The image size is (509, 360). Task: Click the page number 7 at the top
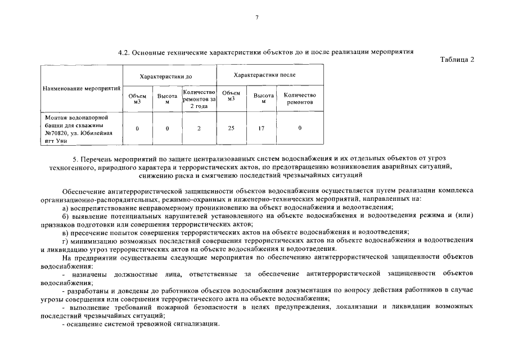[256, 18]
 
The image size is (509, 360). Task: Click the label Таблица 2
[456, 60]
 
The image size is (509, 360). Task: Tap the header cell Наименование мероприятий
[82, 89]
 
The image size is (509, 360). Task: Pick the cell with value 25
[231, 128]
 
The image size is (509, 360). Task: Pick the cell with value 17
[261, 128]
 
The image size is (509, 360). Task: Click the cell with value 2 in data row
[199, 128]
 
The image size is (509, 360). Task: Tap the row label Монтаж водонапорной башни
[75, 121]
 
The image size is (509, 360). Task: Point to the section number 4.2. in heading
[124, 52]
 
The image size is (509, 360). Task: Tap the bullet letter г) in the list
[66, 241]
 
